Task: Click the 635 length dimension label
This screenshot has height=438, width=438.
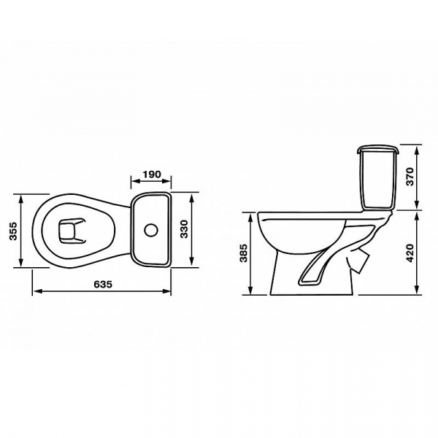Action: pyautogui.click(x=103, y=284)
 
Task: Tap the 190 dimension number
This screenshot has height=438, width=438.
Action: pyautogui.click(x=152, y=174)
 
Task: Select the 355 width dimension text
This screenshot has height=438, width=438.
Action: pyautogui.click(x=13, y=231)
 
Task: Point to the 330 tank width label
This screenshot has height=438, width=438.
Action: pyautogui.click(x=184, y=229)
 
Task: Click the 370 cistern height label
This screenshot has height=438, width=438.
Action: pyautogui.click(x=410, y=177)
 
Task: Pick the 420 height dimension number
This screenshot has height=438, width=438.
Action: pyautogui.click(x=410, y=253)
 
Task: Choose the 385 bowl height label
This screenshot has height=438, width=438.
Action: pyautogui.click(x=244, y=253)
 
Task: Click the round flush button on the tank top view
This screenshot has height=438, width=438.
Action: pyautogui.click(x=151, y=230)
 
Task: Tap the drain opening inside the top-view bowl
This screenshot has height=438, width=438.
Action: pyautogui.click(x=72, y=231)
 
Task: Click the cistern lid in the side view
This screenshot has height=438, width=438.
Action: pyautogui.click(x=378, y=149)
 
